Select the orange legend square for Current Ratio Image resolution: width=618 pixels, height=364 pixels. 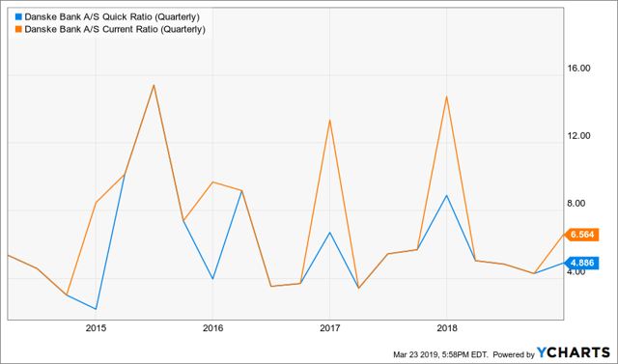click(19, 30)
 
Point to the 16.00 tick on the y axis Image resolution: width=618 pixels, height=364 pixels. click(577, 69)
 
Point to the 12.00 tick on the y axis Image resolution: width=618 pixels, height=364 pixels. click(577, 136)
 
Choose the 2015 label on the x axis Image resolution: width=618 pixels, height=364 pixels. click(96, 328)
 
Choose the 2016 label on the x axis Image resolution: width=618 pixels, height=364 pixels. click(212, 328)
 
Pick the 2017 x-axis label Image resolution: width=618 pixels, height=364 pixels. click(329, 328)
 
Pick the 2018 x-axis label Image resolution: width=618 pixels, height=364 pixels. click(446, 328)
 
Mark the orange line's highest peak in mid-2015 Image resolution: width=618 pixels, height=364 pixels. click(154, 85)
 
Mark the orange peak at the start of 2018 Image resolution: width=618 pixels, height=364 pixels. click(446, 96)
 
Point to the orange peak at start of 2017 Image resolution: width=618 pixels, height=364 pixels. click(330, 120)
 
